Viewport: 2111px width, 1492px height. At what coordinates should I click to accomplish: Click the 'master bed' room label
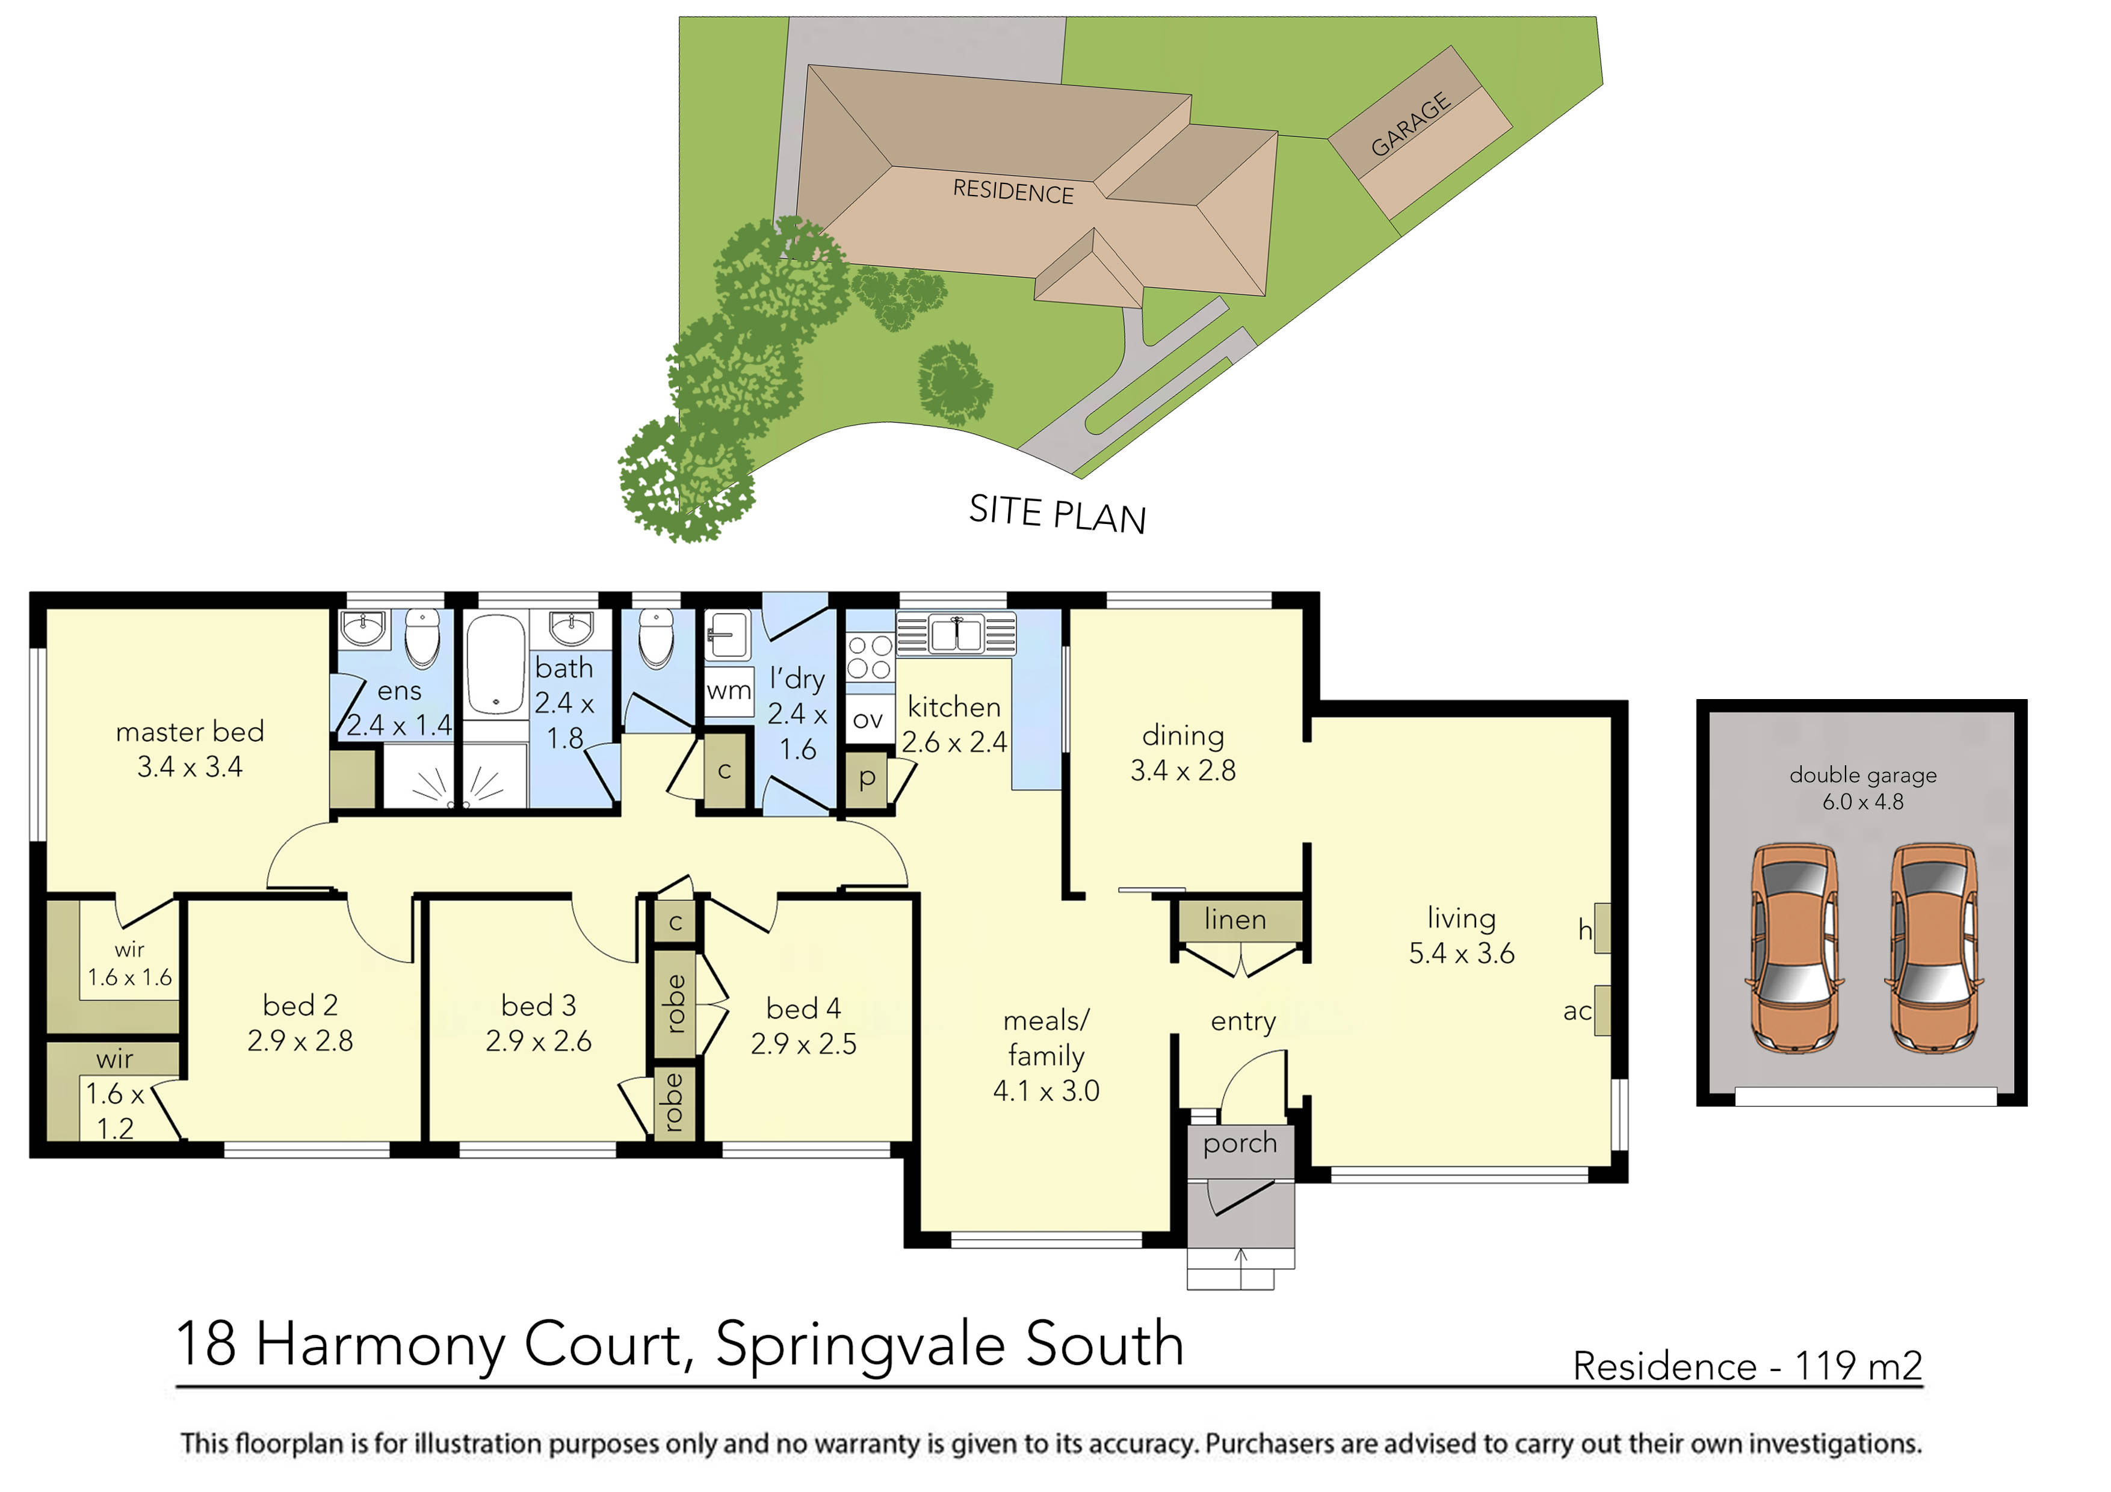pyautogui.click(x=190, y=732)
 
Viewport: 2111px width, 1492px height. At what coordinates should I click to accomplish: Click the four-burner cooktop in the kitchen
pyautogui.click(x=869, y=656)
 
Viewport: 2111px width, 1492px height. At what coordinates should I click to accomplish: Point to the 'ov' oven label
pyautogui.click(x=867, y=719)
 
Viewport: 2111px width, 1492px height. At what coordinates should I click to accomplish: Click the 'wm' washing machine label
pyautogui.click(x=728, y=691)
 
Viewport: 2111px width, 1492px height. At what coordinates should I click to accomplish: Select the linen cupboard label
pyautogui.click(x=1235, y=919)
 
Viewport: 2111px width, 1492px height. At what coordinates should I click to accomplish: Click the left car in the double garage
pyautogui.click(x=1794, y=947)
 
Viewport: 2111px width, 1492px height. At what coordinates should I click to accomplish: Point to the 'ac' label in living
pyautogui.click(x=1577, y=1011)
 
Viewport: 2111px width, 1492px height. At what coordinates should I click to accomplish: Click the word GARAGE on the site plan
pyautogui.click(x=1411, y=124)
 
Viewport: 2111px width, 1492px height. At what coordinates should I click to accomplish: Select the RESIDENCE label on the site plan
pyautogui.click(x=1012, y=191)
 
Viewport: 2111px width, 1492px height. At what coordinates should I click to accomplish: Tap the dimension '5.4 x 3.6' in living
pyautogui.click(x=1461, y=954)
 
